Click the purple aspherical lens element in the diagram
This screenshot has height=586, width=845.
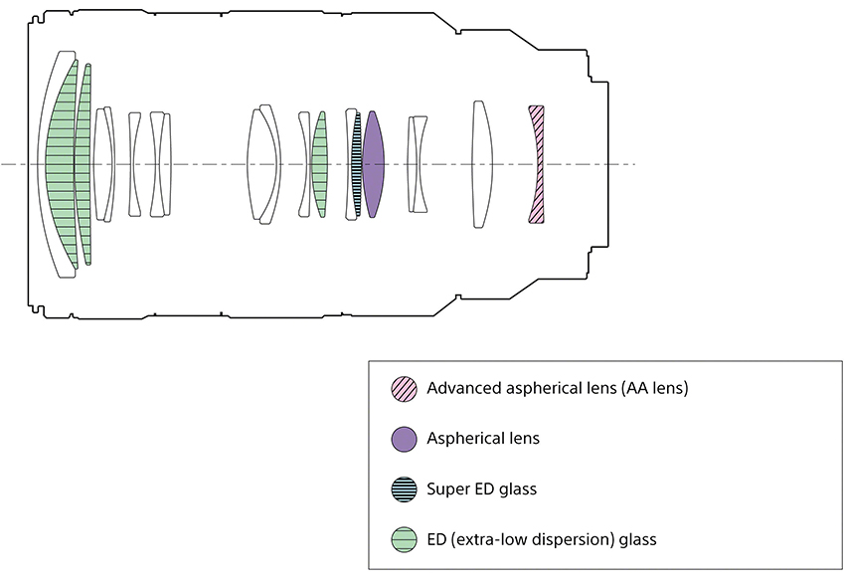(x=374, y=164)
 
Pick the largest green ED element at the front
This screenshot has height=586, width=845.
(x=62, y=164)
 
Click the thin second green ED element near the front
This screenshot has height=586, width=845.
(x=84, y=164)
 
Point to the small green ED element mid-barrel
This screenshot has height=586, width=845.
(x=319, y=164)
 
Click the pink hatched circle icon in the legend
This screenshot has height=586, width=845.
(x=405, y=388)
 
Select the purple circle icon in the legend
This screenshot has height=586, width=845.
(x=405, y=438)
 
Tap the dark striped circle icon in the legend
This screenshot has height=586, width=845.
(x=405, y=488)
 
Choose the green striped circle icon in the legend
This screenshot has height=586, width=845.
(x=405, y=539)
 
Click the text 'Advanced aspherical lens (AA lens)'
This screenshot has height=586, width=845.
(x=557, y=388)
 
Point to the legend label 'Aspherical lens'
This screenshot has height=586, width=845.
(x=483, y=438)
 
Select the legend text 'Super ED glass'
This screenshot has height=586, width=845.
(x=481, y=488)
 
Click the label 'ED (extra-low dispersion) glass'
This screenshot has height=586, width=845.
(x=541, y=539)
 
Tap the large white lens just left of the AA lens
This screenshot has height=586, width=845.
(x=482, y=164)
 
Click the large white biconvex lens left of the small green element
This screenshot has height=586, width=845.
(x=264, y=164)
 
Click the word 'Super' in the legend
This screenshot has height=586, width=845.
(x=446, y=488)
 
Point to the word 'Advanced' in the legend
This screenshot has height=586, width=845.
(x=463, y=388)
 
